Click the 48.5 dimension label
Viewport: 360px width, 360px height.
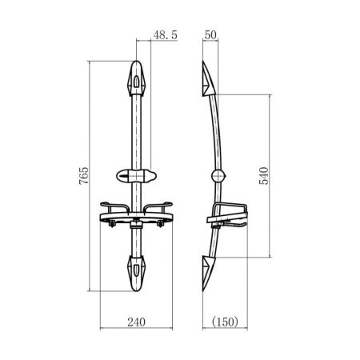pos(166,35)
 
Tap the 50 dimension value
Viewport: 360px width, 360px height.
pos(210,35)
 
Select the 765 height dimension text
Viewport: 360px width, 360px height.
pos(84,175)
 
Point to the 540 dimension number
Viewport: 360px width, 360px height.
pos(264,175)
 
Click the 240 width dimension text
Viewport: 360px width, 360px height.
pos(136,322)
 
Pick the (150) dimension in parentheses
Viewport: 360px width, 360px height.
pos(225,322)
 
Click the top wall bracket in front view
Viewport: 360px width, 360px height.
pos(136,78)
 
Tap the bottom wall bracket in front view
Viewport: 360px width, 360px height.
pos(136,274)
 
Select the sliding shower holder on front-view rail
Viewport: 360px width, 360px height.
pos(136,176)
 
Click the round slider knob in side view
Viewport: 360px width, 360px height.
pos(218,176)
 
